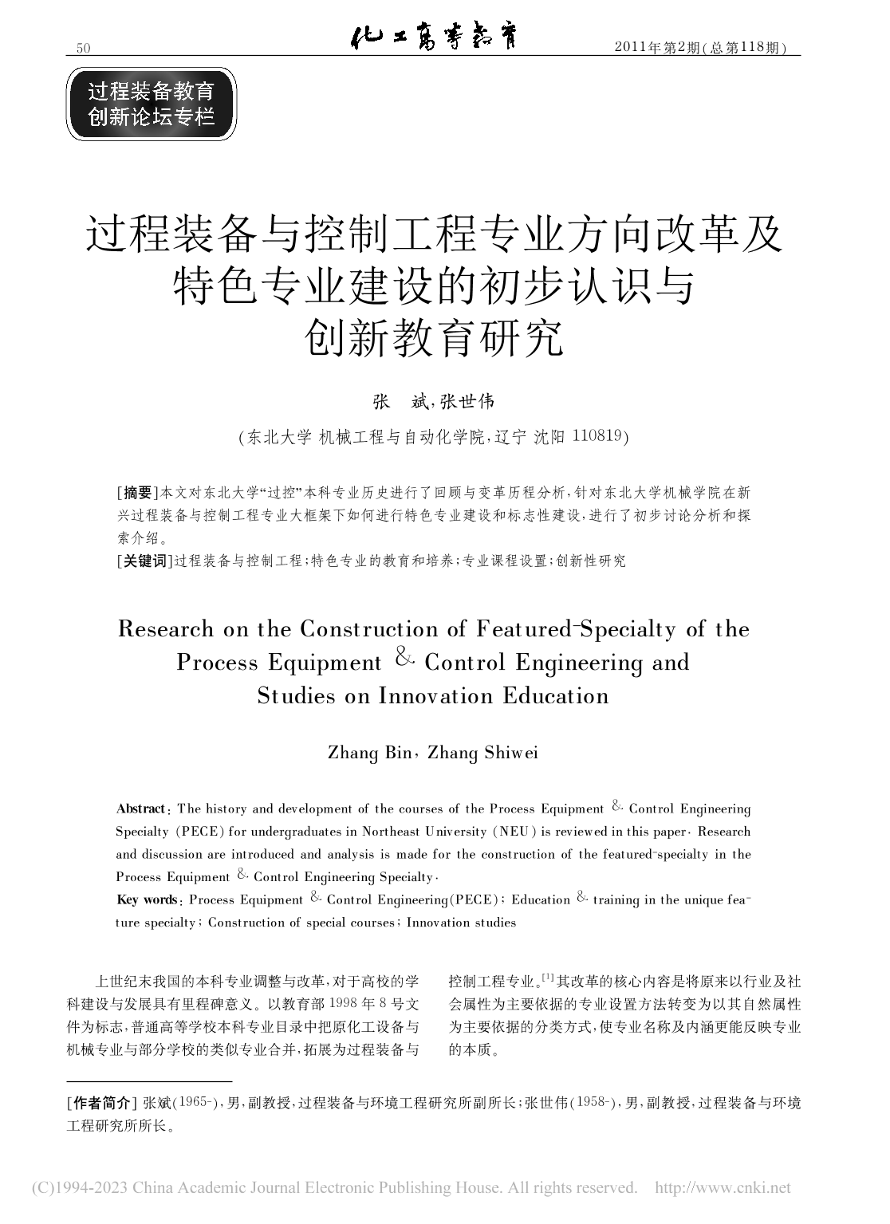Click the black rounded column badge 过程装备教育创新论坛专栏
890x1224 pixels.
tap(152, 104)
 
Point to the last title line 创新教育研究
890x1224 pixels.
tap(435, 337)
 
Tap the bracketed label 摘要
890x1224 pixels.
tap(137, 491)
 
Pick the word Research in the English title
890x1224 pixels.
tap(166, 629)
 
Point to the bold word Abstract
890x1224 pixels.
tap(141, 809)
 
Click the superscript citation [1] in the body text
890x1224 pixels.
tap(549, 977)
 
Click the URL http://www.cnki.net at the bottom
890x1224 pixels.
tap(723, 1188)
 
